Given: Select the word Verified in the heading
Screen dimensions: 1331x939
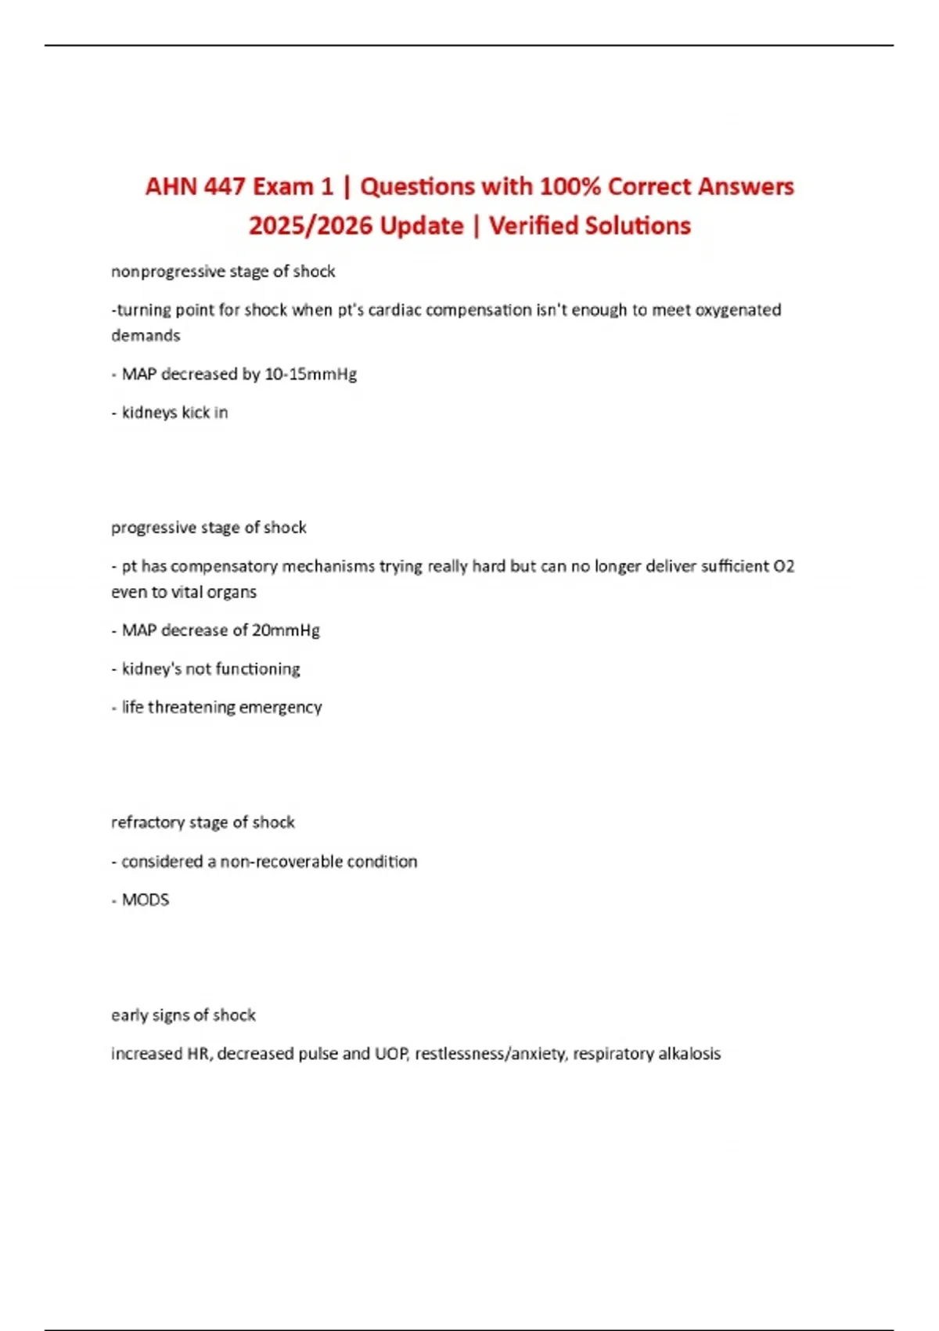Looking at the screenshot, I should [x=534, y=225].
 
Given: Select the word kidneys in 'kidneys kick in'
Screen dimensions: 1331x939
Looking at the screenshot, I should [x=149, y=413].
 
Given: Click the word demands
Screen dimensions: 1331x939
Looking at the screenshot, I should [x=146, y=336].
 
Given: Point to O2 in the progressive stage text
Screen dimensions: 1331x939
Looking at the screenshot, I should [x=783, y=566].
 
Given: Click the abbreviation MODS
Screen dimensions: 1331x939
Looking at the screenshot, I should [x=146, y=900].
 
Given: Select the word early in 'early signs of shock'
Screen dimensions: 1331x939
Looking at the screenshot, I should [x=128, y=1015].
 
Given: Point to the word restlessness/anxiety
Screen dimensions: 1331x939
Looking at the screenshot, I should [x=489, y=1054].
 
